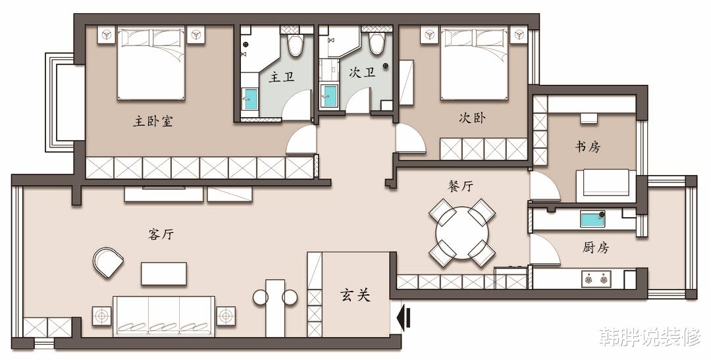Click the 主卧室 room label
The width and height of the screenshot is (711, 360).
click(x=153, y=120)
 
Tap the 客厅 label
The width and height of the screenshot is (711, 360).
click(x=161, y=234)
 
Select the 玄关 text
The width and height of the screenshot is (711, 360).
click(x=355, y=296)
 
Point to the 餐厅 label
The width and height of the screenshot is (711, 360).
click(x=461, y=186)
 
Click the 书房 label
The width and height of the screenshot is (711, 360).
click(x=588, y=147)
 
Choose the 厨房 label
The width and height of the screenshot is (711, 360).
click(x=595, y=247)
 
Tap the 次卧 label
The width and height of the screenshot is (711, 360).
click(x=472, y=118)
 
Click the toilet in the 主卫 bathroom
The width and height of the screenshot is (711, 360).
click(x=295, y=44)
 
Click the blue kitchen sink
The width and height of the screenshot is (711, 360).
click(x=592, y=220)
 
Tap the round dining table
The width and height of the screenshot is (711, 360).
click(x=462, y=233)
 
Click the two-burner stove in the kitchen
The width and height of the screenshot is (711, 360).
click(x=596, y=279)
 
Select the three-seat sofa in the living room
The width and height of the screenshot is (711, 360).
click(x=164, y=316)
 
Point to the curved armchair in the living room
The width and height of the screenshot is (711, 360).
click(x=108, y=263)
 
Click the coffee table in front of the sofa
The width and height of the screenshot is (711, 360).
click(x=164, y=274)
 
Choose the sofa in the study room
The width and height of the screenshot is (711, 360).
click(x=606, y=186)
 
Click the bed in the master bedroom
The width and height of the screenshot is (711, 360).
click(x=151, y=63)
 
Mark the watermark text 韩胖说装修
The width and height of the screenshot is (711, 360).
click(x=650, y=337)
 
